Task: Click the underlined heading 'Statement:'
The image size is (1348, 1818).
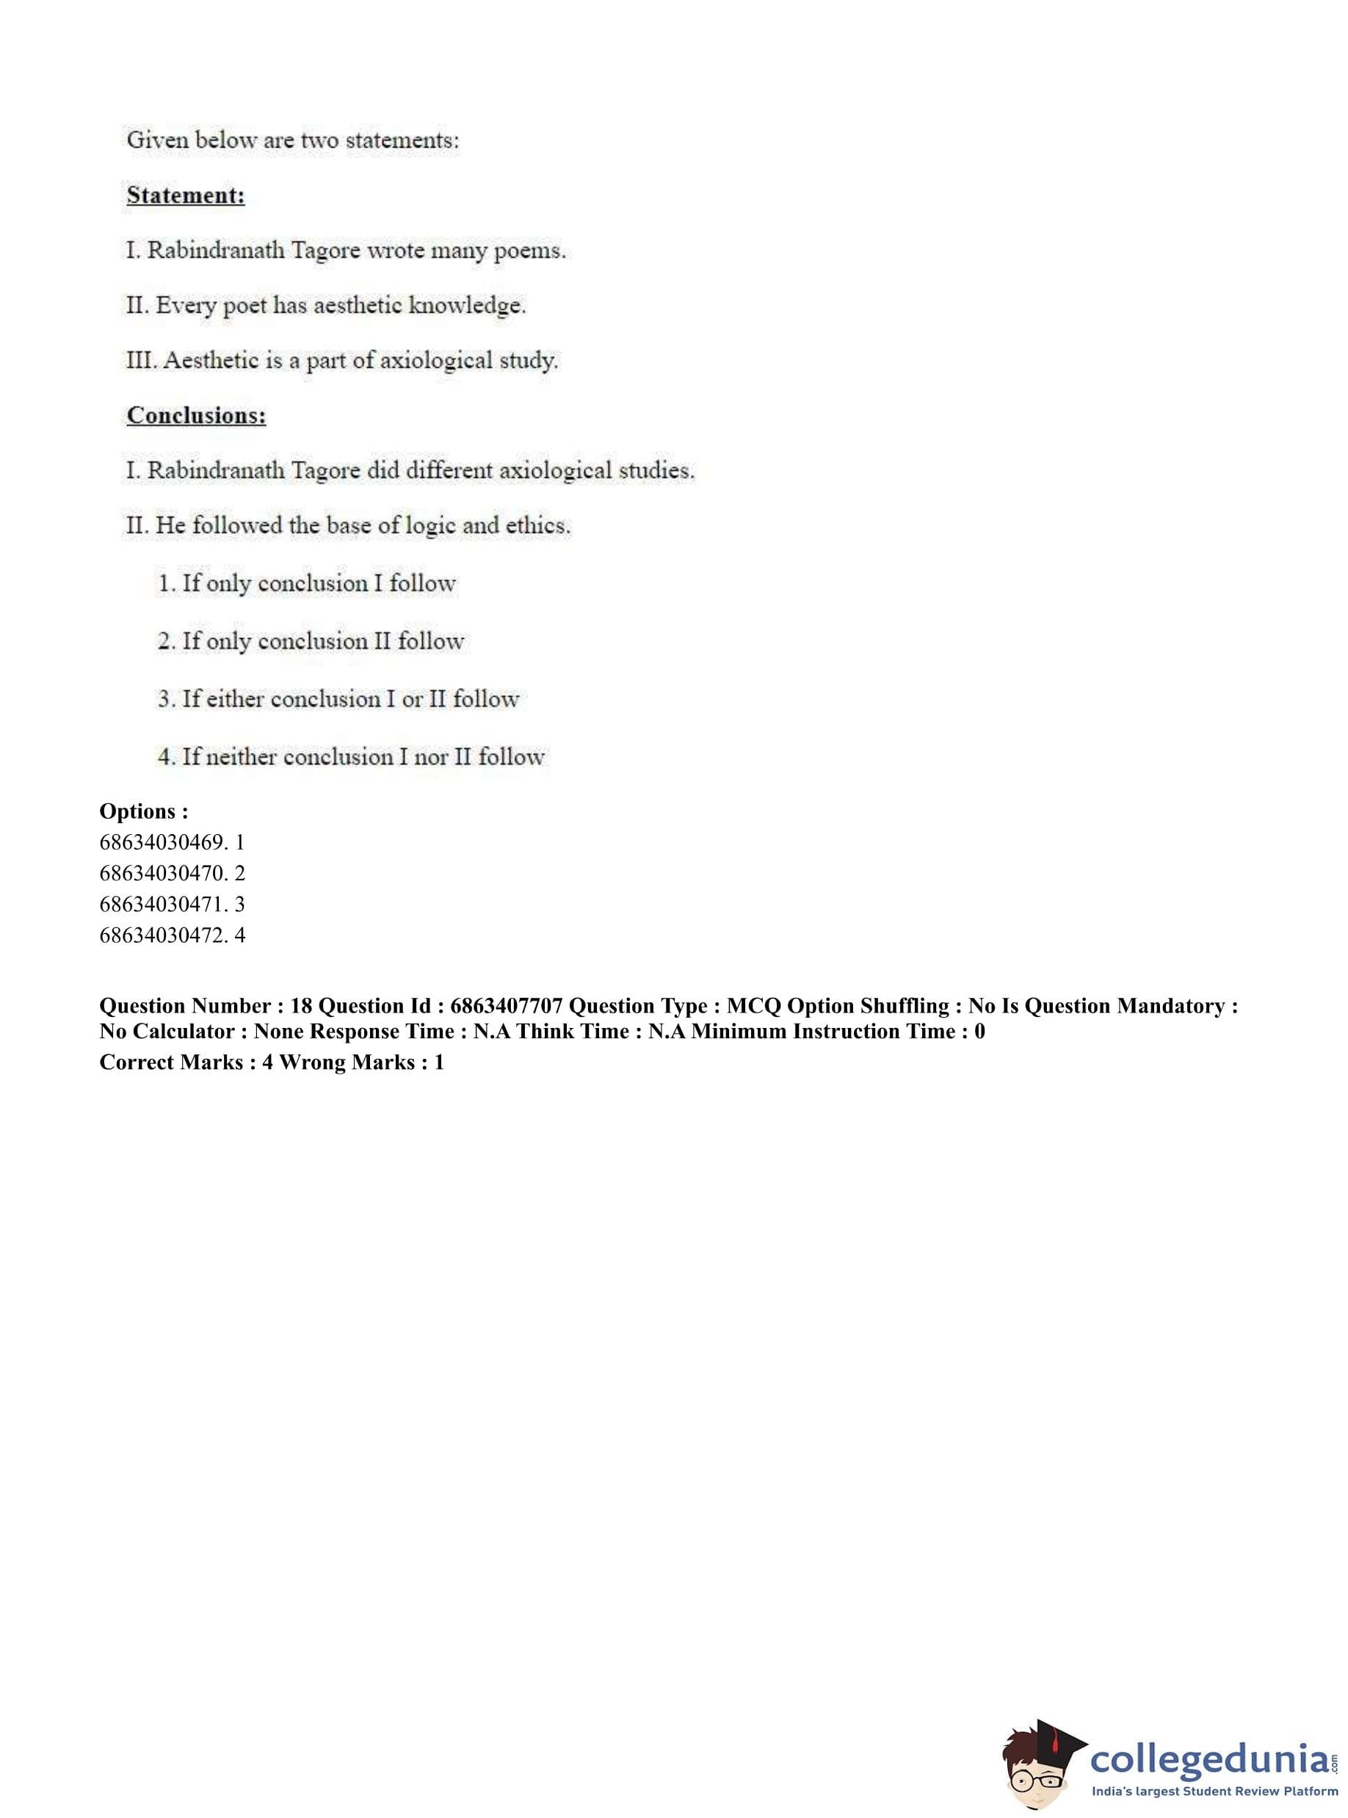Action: point(185,196)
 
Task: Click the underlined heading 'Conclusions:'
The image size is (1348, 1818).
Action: point(196,416)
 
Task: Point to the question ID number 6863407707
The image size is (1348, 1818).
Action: point(506,1006)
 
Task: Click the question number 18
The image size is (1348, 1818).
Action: point(301,1006)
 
